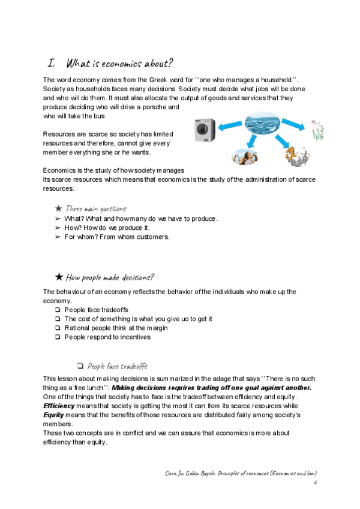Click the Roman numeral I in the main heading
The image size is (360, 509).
51,63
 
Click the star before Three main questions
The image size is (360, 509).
58,208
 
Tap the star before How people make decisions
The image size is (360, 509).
59,277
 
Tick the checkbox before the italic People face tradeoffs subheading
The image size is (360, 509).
80,366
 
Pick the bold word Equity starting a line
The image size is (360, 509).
53,415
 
